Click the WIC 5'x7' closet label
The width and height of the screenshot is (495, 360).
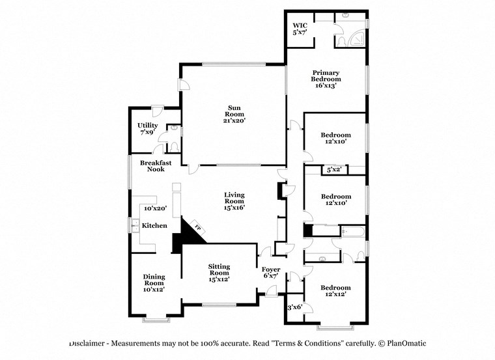(x=300, y=29)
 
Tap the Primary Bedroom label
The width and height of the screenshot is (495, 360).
(x=326, y=78)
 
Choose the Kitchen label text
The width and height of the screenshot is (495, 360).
(x=155, y=225)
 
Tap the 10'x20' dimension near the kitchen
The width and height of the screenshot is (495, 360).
(x=156, y=208)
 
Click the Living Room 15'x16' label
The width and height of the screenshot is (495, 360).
(x=234, y=201)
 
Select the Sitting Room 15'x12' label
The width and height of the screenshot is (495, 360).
(x=219, y=272)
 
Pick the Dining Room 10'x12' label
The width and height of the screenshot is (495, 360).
(x=154, y=283)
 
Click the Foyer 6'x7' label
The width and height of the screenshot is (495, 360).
(x=271, y=273)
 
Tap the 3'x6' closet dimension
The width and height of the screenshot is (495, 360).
(x=295, y=307)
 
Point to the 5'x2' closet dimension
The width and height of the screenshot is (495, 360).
(x=333, y=170)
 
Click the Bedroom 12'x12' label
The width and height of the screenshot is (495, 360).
(x=335, y=290)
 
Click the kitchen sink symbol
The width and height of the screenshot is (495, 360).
(x=135, y=225)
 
